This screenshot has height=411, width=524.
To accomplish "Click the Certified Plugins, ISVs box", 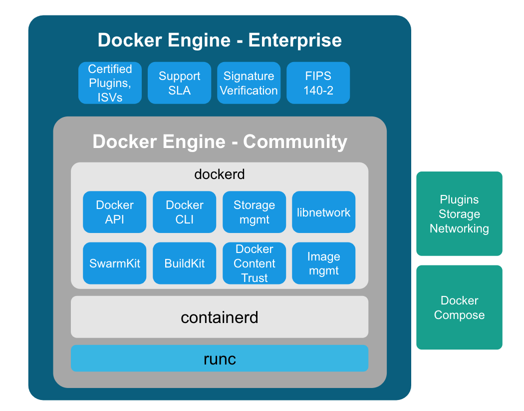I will click(x=110, y=83).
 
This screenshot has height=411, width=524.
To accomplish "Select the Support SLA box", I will click(x=179, y=83).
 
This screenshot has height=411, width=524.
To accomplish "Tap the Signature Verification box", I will click(x=249, y=83).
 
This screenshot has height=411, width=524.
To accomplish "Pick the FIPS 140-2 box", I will click(x=318, y=83).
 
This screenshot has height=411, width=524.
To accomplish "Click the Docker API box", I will click(x=115, y=212).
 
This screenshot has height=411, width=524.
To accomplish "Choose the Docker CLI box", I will click(x=185, y=212).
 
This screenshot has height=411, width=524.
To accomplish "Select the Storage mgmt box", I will click(x=254, y=212).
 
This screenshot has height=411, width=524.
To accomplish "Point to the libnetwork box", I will click(x=323, y=212).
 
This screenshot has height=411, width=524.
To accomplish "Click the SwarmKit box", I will click(x=115, y=263).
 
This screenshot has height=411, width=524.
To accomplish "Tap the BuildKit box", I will click(x=185, y=263).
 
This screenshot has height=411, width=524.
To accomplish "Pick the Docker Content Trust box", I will click(x=254, y=263).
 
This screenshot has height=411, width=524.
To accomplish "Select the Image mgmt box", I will click(x=323, y=263).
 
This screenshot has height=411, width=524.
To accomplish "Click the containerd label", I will click(x=220, y=317).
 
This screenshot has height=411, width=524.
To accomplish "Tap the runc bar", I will click(x=220, y=358).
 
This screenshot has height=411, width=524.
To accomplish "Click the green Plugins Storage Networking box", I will click(x=459, y=214).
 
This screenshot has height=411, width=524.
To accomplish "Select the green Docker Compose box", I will click(x=459, y=307).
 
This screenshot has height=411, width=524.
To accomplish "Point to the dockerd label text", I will click(x=220, y=174).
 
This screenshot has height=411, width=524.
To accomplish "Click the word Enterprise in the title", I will click(x=295, y=40).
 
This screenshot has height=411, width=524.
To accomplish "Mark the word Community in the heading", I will click(x=295, y=141).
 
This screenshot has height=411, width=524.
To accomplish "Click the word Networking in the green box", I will click(x=459, y=229).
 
